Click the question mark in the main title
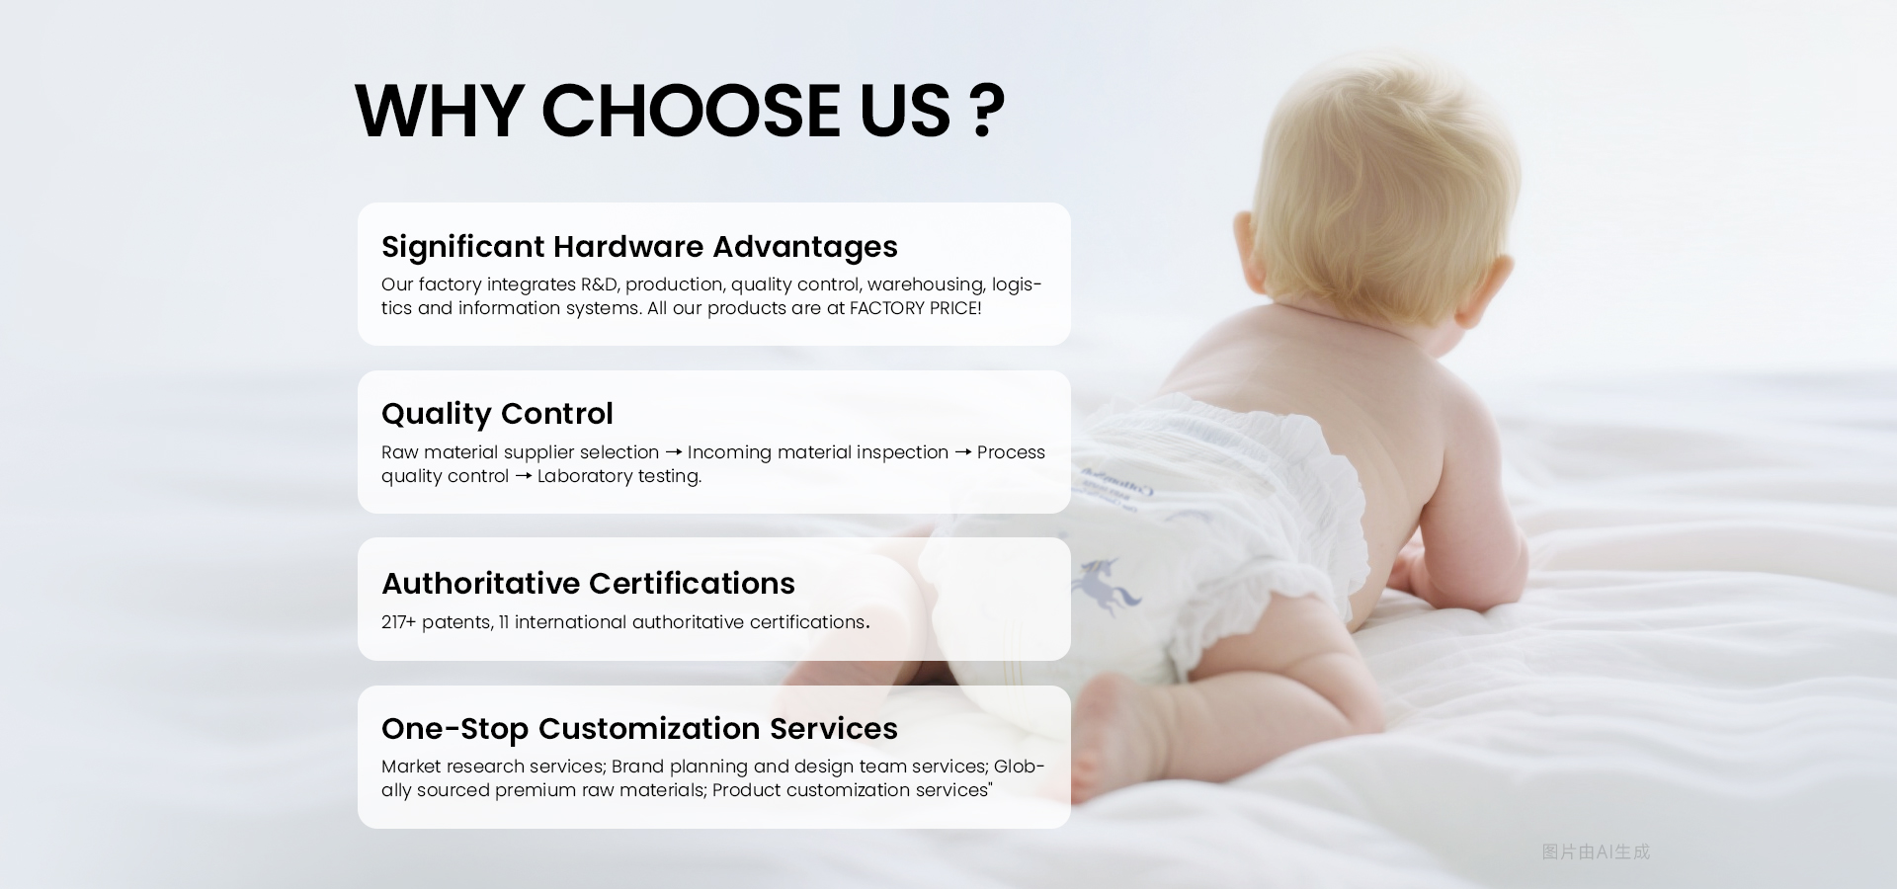986,111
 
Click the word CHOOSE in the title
690,111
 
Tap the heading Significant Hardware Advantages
639,247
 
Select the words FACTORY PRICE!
915,308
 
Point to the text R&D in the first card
599,284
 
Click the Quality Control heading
497,414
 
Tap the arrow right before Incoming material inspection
673,452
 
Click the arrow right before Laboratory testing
524,476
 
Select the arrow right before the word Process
962,452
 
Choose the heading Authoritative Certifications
588,584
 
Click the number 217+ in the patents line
398,622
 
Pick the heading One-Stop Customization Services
639,729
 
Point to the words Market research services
492,767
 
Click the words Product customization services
850,790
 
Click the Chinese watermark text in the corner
1596,851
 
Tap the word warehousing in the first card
925,284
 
